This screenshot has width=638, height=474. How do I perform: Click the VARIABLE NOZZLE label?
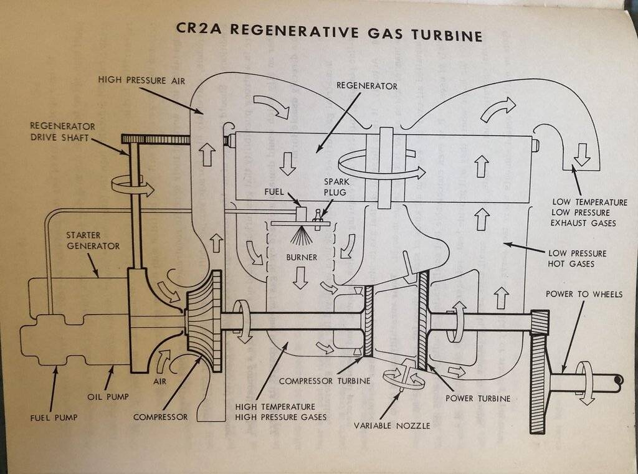(x=391, y=426)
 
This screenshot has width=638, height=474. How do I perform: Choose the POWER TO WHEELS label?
(x=584, y=295)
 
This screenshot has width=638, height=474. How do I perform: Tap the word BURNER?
(x=302, y=257)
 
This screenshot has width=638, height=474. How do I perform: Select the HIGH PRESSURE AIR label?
(x=141, y=80)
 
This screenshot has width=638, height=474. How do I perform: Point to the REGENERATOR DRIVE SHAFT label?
(x=62, y=131)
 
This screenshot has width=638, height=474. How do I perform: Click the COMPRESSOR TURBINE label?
(x=324, y=381)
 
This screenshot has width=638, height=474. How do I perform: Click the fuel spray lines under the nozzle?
(x=302, y=237)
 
